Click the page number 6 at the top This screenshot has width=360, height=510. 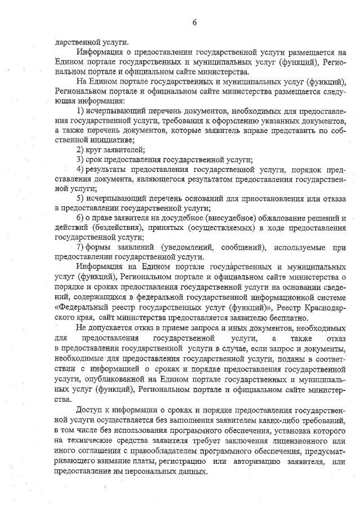(194, 23)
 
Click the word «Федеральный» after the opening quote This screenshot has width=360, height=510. (81, 307)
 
